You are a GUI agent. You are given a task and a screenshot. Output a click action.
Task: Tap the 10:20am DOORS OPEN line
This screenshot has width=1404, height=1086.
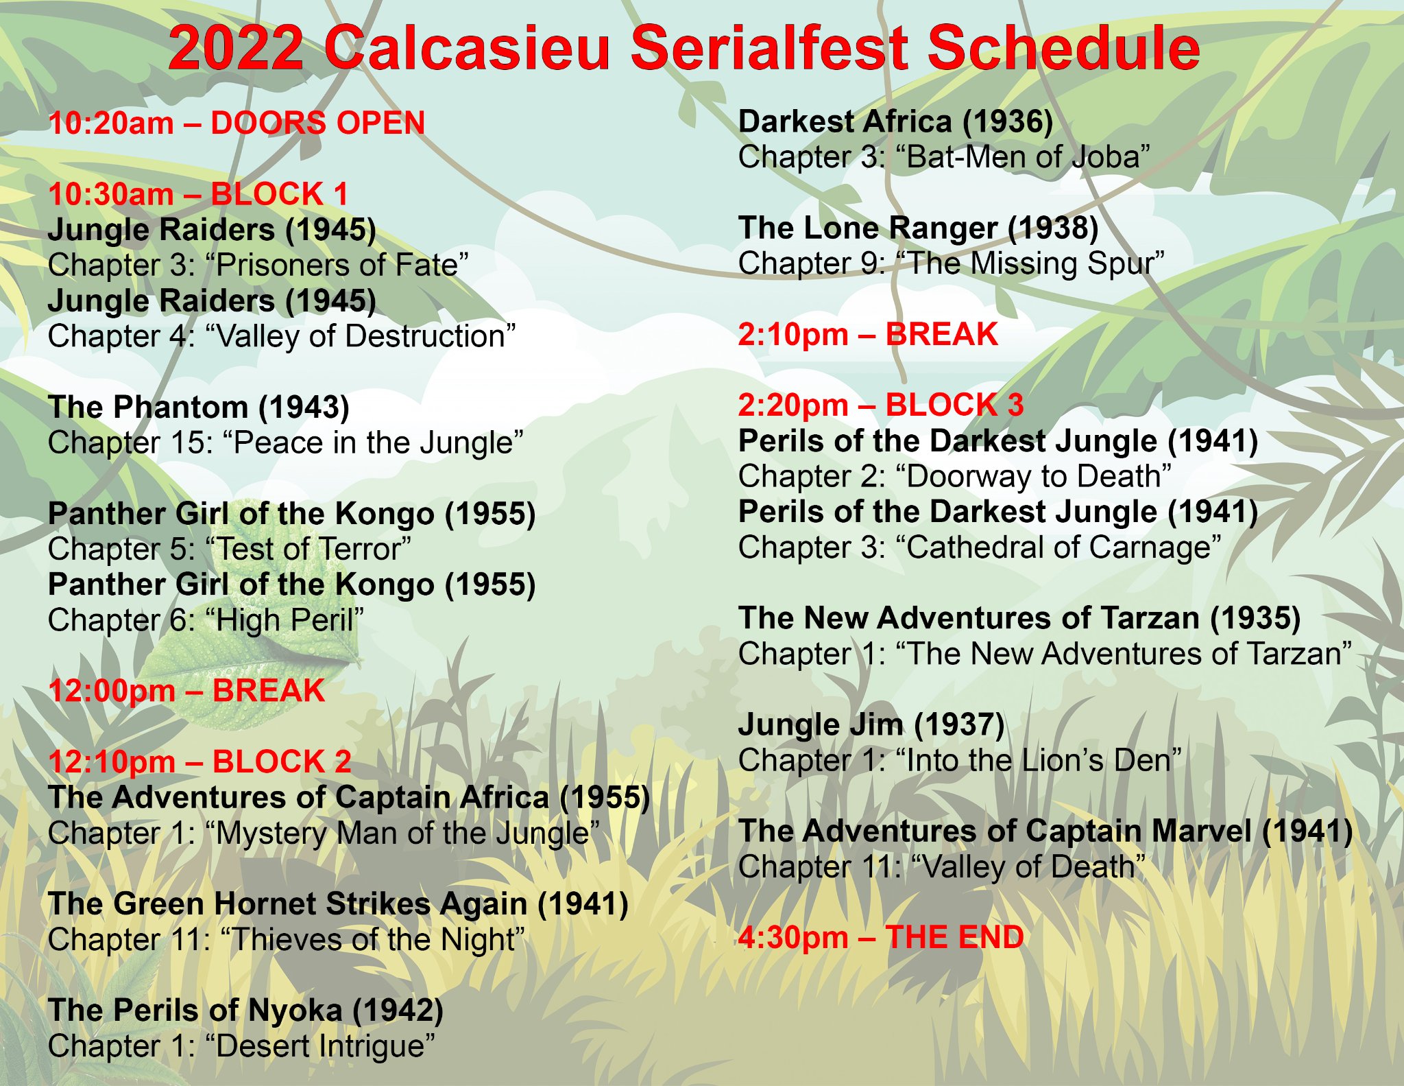tap(237, 123)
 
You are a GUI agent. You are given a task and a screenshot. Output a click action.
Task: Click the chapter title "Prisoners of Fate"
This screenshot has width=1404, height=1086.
tap(337, 265)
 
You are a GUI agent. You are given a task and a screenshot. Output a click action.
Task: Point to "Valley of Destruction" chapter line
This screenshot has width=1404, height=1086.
tap(282, 336)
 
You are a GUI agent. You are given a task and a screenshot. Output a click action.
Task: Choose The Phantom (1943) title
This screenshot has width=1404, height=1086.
tap(199, 408)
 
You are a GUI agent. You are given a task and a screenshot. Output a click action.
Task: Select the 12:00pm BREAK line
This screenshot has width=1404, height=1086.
tap(186, 691)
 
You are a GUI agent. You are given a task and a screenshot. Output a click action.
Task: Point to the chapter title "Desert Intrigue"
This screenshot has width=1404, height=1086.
tap(320, 1046)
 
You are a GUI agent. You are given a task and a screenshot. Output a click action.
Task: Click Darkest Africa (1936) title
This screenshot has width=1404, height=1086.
tap(895, 122)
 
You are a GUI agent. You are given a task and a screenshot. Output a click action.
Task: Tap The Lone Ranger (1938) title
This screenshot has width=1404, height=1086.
tap(918, 228)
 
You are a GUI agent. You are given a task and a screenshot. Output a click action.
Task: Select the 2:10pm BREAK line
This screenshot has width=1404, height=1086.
tap(868, 335)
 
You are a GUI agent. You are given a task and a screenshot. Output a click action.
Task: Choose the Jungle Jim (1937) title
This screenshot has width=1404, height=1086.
tap(871, 725)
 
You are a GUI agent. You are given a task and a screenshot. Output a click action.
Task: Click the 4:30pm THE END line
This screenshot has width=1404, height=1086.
tap(881, 938)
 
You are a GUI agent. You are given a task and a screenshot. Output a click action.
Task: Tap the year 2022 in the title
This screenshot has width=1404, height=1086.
tap(237, 47)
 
